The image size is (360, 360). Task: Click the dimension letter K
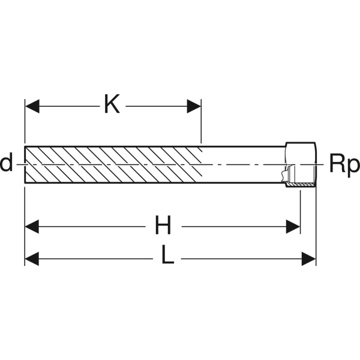(112, 106)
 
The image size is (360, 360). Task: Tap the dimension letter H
(163, 226)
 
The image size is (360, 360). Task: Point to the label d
(6, 163)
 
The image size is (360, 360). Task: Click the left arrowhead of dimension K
(32, 106)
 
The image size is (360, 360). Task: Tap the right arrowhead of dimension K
(194, 106)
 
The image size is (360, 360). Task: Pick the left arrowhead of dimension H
(32, 227)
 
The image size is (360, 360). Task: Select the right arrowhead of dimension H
(293, 227)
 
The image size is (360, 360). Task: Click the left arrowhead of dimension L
(32, 259)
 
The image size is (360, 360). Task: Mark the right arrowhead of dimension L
(309, 259)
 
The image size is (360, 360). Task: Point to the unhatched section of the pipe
(243, 164)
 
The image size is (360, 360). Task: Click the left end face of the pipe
(25, 164)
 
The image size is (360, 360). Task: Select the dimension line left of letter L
(96, 259)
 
